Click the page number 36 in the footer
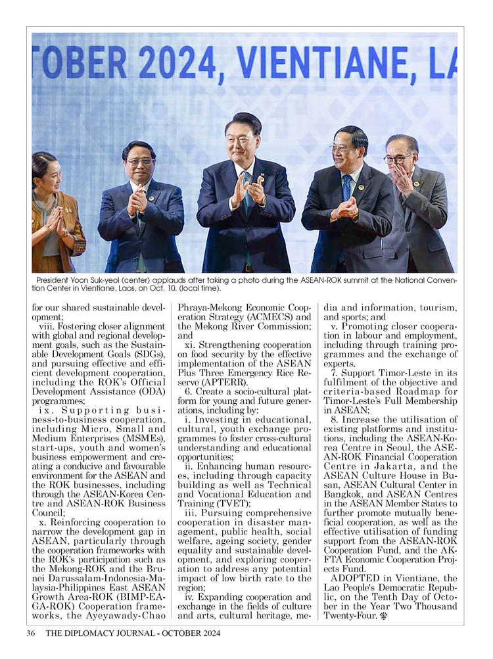click(30, 633)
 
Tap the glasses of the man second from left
click(139, 161)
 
